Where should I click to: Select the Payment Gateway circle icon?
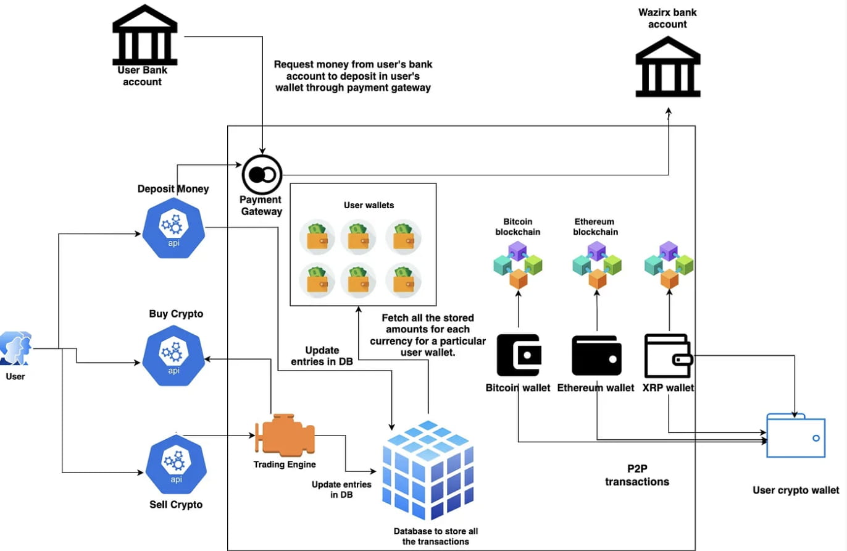click(262, 175)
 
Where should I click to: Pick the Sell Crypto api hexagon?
click(173, 462)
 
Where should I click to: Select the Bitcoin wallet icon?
click(519, 355)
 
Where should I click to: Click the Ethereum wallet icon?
click(596, 355)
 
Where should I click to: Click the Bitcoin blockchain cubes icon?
click(517, 265)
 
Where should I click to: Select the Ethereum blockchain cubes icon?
click(596, 265)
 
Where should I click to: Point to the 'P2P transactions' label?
click(636, 474)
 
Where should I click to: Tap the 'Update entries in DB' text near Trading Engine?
click(333, 490)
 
